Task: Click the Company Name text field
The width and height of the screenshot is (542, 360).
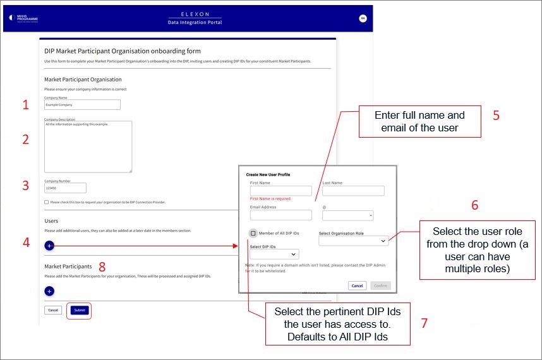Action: pyautogui.click(x=82, y=105)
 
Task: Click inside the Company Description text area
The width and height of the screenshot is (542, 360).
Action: pyautogui.click(x=88, y=146)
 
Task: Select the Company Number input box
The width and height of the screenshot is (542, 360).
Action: pyautogui.click(x=65, y=188)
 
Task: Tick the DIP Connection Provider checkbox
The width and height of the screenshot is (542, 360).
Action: pyautogui.click(x=47, y=202)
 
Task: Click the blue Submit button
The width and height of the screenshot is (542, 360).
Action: pyautogui.click(x=80, y=310)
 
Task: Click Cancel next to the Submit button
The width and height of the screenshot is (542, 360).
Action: pyautogui.click(x=53, y=310)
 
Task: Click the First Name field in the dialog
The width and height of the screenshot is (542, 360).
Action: pyautogui.click(x=280, y=191)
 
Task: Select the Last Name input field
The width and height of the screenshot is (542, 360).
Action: pyautogui.click(x=353, y=191)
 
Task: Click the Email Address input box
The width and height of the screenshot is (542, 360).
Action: pyautogui.click(x=280, y=215)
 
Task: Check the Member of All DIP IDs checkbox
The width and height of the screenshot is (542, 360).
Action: pyautogui.click(x=253, y=234)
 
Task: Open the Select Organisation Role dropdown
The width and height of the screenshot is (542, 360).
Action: pyautogui.click(x=353, y=241)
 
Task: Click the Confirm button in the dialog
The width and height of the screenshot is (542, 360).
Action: pyautogui.click(x=380, y=285)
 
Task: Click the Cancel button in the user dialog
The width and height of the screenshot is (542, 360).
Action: pyautogui.click(x=357, y=285)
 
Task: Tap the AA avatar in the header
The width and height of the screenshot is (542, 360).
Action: pyautogui.click(x=363, y=18)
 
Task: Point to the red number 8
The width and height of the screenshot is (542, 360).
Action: pyautogui.click(x=102, y=266)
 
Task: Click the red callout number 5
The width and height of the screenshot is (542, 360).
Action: pyautogui.click(x=496, y=116)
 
